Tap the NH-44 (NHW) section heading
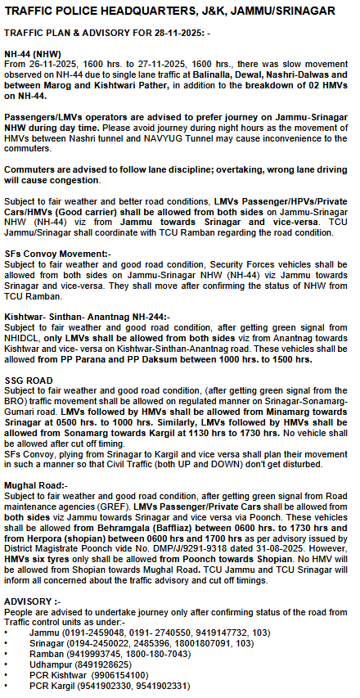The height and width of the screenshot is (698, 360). coord(32,52)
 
